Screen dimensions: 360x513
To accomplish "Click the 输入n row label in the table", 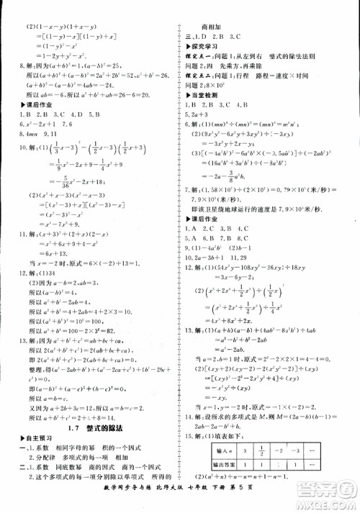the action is [215, 450].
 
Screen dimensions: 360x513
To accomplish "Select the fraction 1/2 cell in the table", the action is [264, 450].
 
